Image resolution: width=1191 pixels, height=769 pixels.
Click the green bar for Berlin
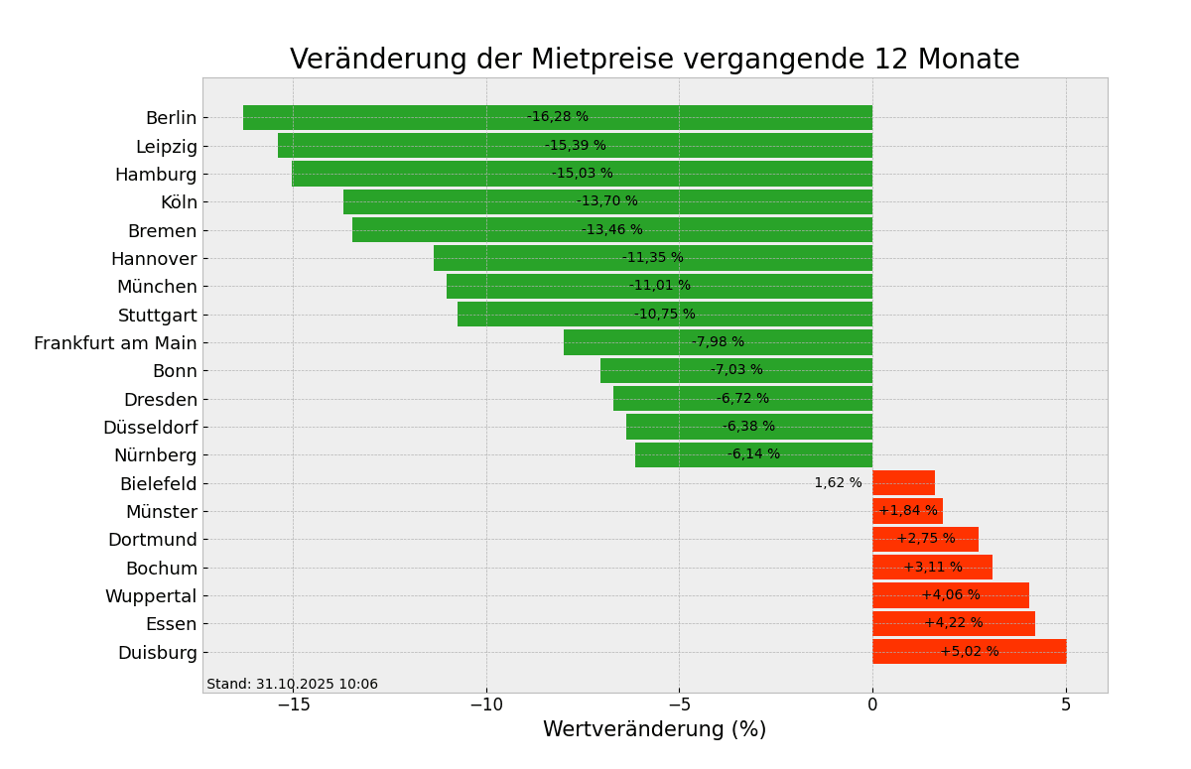pos(397,117)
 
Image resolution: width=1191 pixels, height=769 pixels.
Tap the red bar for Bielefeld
pos(903,483)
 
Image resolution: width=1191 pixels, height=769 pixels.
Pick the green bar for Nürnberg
pos(695,454)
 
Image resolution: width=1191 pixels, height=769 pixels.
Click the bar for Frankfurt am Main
pos(635,342)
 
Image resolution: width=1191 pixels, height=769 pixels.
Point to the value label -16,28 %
pos(557,117)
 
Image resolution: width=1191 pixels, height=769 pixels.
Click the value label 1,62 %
pos(838,483)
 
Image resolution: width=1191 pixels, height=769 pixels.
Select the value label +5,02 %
pos(969,652)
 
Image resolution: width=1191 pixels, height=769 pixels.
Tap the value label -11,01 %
pos(659,286)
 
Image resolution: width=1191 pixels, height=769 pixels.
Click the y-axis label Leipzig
pos(166,147)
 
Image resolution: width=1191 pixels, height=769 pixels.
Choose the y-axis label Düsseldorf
pos(150,428)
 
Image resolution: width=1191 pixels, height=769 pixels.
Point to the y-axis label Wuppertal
pos(151,596)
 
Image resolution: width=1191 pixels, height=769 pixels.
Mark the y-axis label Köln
pos(179,202)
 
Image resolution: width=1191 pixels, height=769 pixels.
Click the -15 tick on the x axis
pos(292,705)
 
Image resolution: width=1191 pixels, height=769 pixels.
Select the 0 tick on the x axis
pos(872,705)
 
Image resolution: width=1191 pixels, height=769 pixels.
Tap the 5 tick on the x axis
pos(1066,705)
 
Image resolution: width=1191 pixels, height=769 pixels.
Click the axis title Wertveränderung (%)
pos(654,730)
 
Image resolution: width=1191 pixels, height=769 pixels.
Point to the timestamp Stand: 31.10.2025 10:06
pos(292,685)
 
